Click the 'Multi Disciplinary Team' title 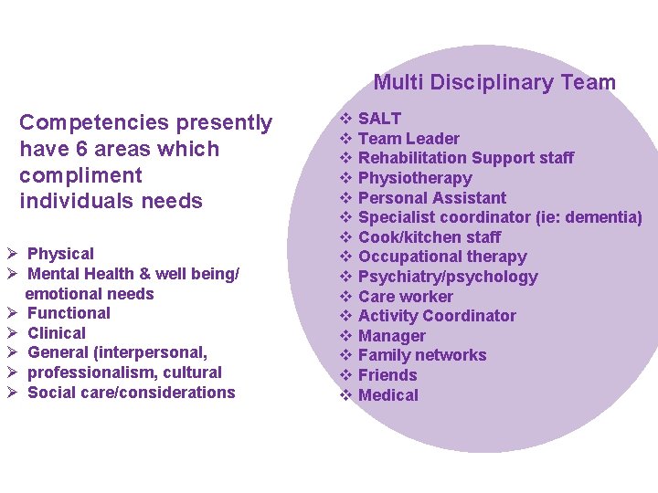(x=494, y=82)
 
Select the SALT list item (x=379, y=118)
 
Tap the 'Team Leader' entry (x=409, y=138)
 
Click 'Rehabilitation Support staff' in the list (x=466, y=158)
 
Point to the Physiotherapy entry (x=415, y=178)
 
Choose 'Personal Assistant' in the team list (x=432, y=197)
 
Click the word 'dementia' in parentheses (x=603, y=217)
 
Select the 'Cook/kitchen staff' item (x=430, y=237)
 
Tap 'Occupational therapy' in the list (x=442, y=257)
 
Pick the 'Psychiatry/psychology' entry (x=448, y=277)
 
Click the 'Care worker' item (x=406, y=297)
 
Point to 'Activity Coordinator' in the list (x=437, y=316)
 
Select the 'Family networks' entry (x=422, y=355)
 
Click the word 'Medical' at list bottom (x=388, y=395)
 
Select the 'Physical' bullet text (x=60, y=254)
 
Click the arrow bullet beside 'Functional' (x=13, y=313)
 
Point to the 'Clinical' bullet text (x=57, y=333)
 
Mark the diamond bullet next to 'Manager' (x=346, y=336)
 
